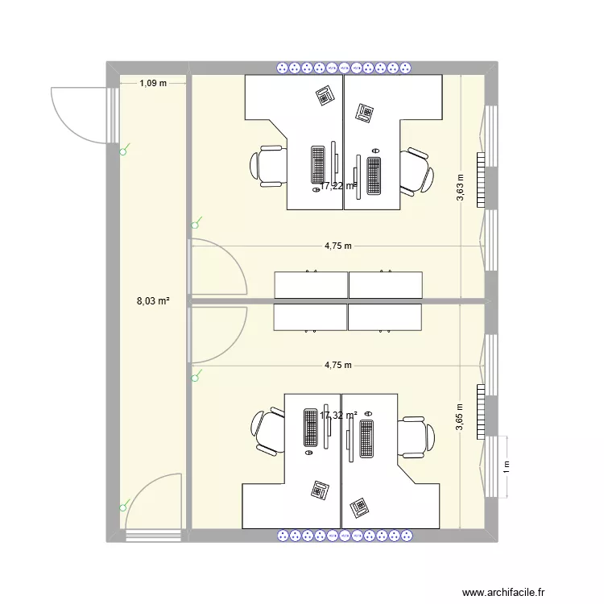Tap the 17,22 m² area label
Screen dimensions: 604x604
click(338, 186)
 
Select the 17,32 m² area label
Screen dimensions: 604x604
click(338, 416)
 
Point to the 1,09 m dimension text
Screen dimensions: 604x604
click(153, 83)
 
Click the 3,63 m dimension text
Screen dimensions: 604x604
click(460, 188)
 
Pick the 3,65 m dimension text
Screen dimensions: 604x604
click(460, 418)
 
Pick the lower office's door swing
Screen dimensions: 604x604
click(217, 334)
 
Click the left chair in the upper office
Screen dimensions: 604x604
click(269, 165)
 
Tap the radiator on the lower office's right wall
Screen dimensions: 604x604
click(481, 410)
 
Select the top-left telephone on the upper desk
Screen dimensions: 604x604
click(325, 94)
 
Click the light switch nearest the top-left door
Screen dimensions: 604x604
click(123, 150)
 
